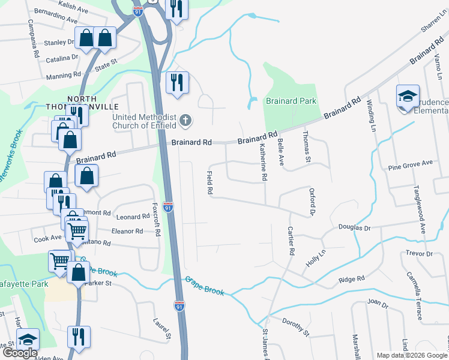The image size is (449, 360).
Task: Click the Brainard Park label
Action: tap(291, 101)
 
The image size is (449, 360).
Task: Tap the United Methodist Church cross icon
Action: tap(186, 120)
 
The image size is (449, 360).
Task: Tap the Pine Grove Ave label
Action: tap(411, 163)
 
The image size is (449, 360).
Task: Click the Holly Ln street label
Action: tap(316, 259)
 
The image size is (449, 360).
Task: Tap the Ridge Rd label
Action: tap(352, 280)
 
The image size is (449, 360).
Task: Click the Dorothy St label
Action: tap(295, 328)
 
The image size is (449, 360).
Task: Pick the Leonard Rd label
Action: tap(133, 217)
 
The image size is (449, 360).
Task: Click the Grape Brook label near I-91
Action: tap(205, 286)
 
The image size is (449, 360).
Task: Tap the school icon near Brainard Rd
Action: tap(407, 96)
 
